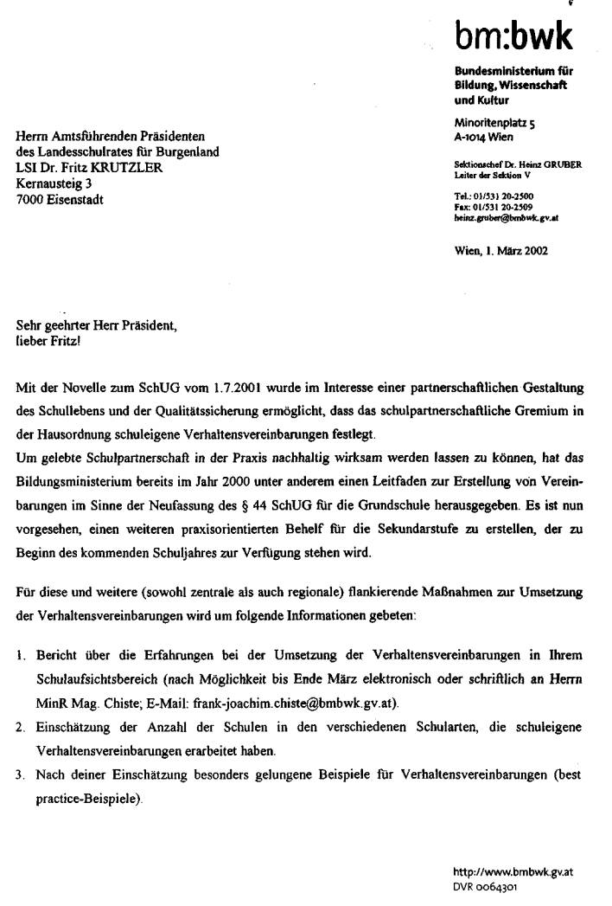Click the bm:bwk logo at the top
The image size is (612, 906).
coord(513,36)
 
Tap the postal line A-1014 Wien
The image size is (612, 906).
coord(483,136)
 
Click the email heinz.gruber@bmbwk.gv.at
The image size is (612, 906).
coord(506,217)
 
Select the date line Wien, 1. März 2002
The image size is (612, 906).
coord(500,252)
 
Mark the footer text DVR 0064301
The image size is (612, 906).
coord(486,886)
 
